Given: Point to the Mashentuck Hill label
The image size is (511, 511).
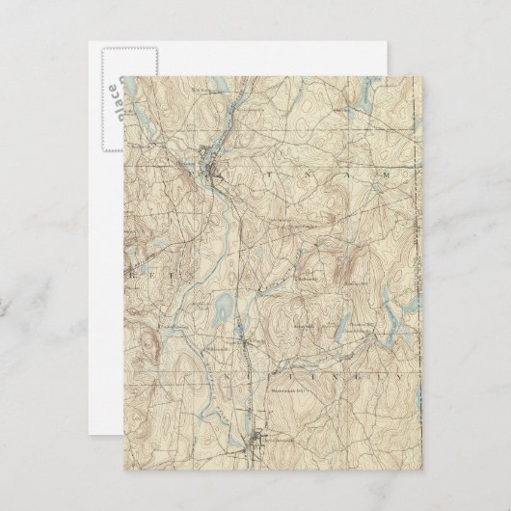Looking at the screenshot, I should click(x=290, y=390).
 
